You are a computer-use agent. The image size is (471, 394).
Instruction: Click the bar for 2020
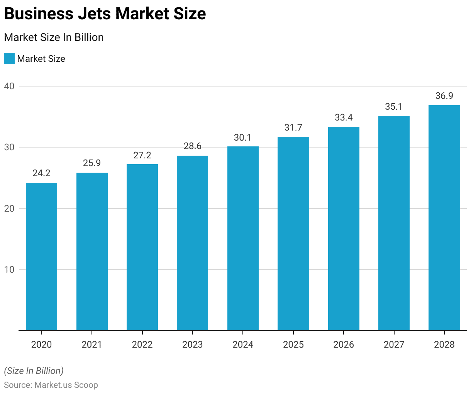(x=41, y=256)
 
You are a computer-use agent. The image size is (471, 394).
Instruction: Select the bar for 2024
(x=243, y=238)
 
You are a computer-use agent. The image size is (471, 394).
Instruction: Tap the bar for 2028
(x=444, y=217)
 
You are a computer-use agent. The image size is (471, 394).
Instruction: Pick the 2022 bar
(x=142, y=247)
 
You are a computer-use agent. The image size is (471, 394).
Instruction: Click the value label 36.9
(x=444, y=96)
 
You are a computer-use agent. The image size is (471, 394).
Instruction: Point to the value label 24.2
(x=41, y=173)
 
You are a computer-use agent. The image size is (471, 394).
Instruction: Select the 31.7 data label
(x=293, y=127)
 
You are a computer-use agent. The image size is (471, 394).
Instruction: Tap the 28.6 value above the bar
(x=192, y=146)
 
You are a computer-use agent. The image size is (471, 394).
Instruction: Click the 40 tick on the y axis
(x=9, y=86)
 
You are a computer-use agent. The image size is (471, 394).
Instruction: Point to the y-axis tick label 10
(x=9, y=270)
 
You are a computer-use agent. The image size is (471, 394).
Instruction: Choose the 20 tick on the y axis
(x=9, y=209)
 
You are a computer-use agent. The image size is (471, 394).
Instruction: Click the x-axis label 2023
(x=192, y=345)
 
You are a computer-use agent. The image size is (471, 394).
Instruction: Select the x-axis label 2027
(x=394, y=345)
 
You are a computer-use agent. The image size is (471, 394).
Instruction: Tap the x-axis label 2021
(x=92, y=345)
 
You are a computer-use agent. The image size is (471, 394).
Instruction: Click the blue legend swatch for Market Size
(x=9, y=59)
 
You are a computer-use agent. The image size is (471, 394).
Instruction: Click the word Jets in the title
(x=92, y=14)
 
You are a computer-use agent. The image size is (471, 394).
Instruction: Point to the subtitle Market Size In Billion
(x=54, y=37)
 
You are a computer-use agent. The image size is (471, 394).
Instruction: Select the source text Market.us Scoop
(x=66, y=385)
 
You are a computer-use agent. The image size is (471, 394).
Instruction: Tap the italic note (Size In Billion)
(x=34, y=371)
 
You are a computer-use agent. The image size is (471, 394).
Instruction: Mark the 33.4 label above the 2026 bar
(x=344, y=117)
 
